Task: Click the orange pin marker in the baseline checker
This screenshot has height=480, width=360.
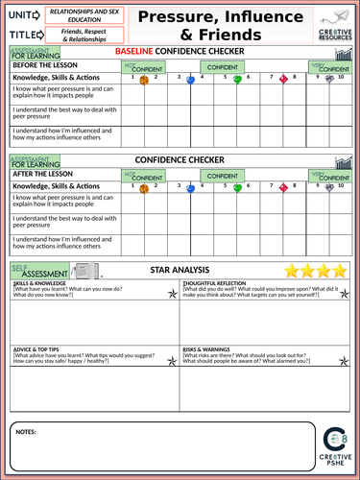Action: tap(143, 81)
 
